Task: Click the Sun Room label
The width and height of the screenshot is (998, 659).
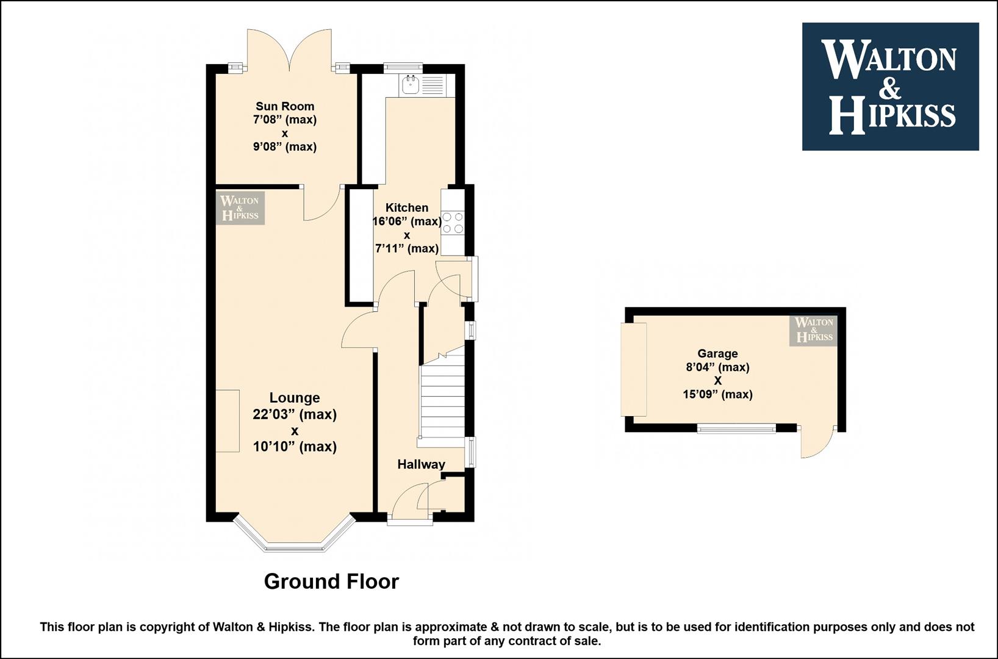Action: (285, 107)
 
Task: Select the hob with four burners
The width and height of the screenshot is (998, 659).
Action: (453, 222)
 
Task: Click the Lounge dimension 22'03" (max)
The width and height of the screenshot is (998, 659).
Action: (295, 415)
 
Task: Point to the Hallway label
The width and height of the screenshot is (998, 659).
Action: (421, 464)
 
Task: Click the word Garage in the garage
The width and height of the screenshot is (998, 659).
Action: (717, 354)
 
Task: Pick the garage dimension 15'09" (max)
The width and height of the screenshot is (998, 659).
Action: (717, 394)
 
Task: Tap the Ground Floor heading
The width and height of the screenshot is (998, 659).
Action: (331, 582)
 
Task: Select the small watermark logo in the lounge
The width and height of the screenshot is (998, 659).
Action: (240, 208)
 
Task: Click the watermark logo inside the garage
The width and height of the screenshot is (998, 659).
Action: (814, 331)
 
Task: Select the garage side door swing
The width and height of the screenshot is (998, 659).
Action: (817, 443)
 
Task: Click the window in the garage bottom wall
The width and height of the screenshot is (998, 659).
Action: (736, 428)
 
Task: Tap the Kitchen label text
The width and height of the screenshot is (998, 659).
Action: (407, 207)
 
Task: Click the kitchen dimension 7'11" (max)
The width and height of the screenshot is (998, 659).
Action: (407, 248)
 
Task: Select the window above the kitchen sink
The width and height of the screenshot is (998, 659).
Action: (403, 68)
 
